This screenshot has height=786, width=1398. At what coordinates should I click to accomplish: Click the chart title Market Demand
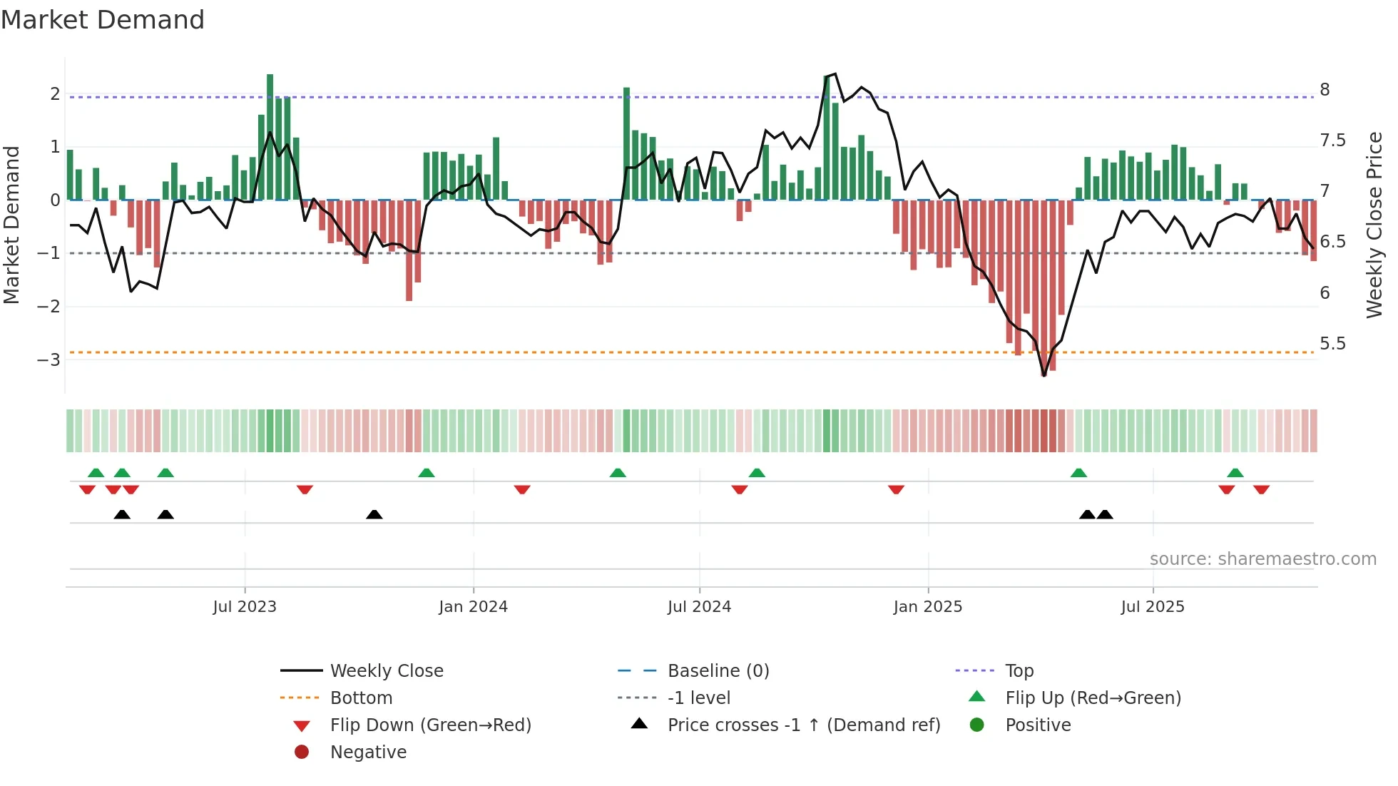(x=103, y=19)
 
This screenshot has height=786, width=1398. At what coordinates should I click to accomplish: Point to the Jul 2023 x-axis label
(x=244, y=607)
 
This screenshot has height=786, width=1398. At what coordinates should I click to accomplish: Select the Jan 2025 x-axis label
(x=927, y=607)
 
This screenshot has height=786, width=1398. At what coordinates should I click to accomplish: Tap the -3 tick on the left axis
(x=49, y=359)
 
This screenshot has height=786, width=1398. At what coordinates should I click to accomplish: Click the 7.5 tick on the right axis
(x=1332, y=141)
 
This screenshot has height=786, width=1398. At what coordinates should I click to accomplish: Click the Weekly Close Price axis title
(x=1374, y=224)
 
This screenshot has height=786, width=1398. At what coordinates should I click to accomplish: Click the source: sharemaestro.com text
(x=1262, y=559)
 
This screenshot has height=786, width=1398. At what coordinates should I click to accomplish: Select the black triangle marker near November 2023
(x=374, y=514)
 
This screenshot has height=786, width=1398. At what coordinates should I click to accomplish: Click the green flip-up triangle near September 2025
(x=1235, y=473)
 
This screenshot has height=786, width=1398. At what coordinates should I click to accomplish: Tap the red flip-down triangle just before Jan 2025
(x=896, y=489)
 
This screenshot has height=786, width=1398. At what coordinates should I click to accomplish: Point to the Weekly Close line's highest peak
(x=835, y=73)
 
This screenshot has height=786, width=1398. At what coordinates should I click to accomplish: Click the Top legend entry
(x=1019, y=671)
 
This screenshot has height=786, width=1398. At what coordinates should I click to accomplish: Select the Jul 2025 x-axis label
(x=1152, y=607)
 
